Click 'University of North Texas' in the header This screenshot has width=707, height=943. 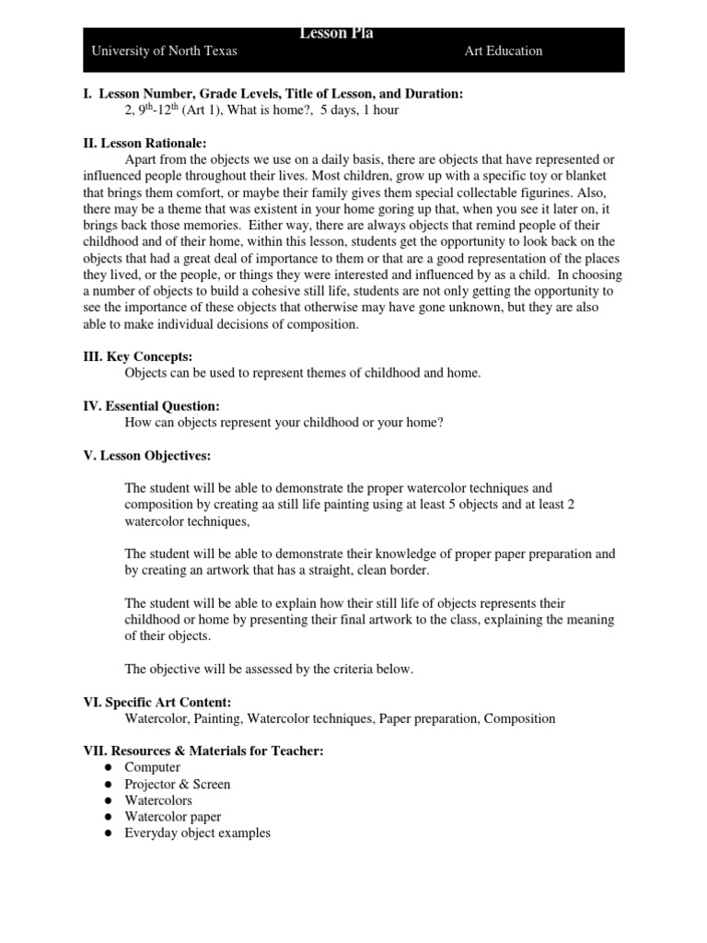(164, 52)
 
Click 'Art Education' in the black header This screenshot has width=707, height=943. (503, 52)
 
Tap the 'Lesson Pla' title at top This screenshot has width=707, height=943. (336, 34)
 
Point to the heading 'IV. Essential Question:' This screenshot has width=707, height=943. (152, 406)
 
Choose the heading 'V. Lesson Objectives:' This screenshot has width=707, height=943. (147, 455)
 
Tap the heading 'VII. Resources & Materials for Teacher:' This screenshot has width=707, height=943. (203, 751)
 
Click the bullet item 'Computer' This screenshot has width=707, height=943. (153, 767)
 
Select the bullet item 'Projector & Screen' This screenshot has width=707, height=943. (178, 784)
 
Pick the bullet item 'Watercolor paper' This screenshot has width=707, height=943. (173, 817)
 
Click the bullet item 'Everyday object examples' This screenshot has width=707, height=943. (198, 833)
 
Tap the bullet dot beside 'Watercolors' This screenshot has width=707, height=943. (108, 800)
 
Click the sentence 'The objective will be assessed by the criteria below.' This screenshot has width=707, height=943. (269, 669)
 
